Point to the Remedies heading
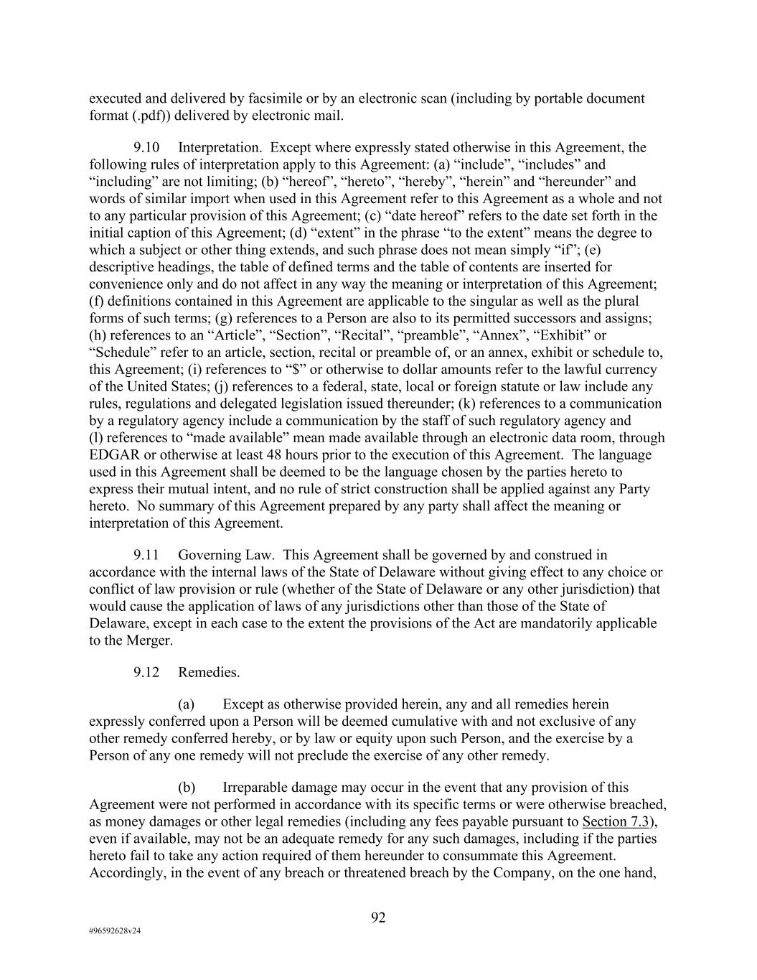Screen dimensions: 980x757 209,673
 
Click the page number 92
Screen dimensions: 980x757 378,918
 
